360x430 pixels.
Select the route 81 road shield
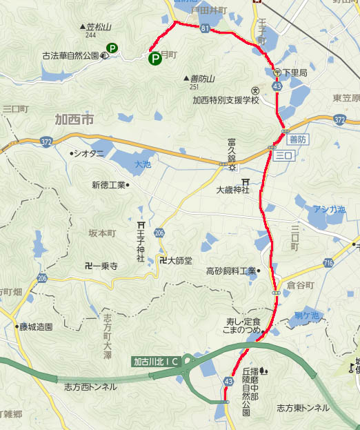pyautogui.click(x=205, y=28)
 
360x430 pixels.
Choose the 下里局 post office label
pyautogui.click(x=293, y=72)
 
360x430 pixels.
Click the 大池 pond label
pyautogui.click(x=143, y=165)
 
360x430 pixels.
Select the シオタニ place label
pyautogui.click(x=90, y=153)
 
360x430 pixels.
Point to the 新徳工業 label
pyautogui.click(x=108, y=184)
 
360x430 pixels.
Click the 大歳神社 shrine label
pyautogui.click(x=232, y=189)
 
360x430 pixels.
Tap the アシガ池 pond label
pyautogui.click(x=329, y=209)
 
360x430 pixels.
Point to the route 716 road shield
pyautogui.click(x=328, y=264)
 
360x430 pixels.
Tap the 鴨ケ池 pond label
pyautogui.click(x=306, y=315)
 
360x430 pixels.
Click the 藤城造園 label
pyautogui.click(x=36, y=327)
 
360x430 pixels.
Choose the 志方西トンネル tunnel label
pyautogui.click(x=90, y=387)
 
